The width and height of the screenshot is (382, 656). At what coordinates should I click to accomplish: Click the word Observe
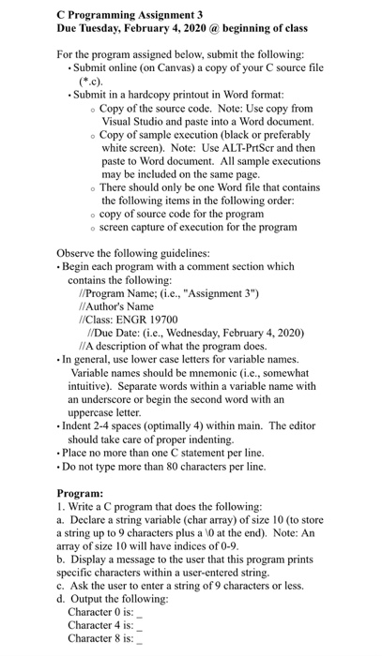(x=77, y=252)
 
